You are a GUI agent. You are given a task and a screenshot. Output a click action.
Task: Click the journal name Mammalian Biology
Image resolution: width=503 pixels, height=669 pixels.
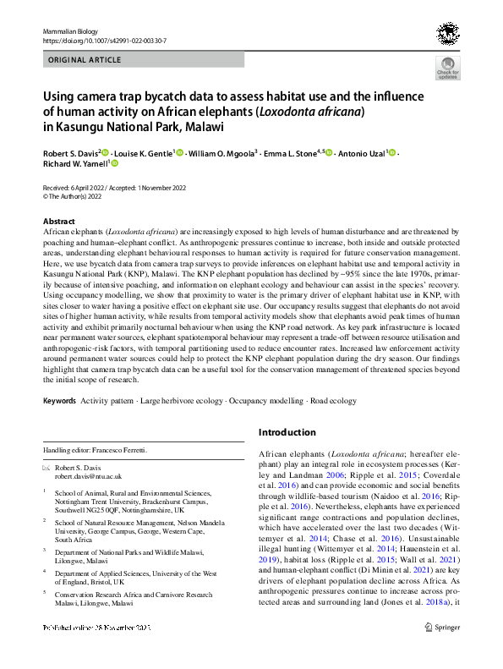pyautogui.click(x=65, y=30)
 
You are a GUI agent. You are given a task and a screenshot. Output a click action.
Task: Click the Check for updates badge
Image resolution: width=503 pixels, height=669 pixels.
pyautogui.click(x=446, y=69)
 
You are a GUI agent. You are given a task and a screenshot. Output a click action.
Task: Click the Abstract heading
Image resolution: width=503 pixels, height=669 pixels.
pyautogui.click(x=58, y=222)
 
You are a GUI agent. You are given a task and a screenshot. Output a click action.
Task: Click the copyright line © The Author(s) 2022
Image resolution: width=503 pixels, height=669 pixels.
pyautogui.click(x=77, y=196)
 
